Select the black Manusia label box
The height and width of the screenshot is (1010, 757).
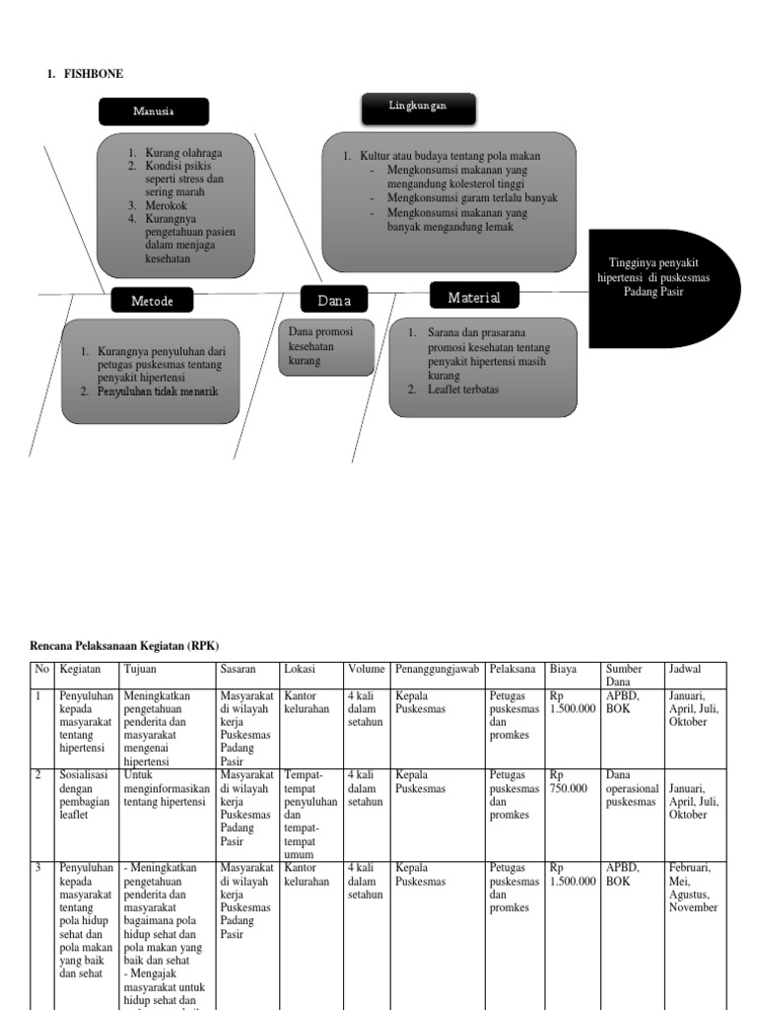coord(154,111)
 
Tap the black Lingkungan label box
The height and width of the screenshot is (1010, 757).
coord(418,108)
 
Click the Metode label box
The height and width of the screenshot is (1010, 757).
coord(153,301)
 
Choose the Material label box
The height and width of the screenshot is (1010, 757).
coord(474,297)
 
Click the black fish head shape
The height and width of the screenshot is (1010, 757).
coord(662,288)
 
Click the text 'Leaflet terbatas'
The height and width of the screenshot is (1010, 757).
coord(462,390)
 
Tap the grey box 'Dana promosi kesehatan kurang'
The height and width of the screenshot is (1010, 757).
coord(326,347)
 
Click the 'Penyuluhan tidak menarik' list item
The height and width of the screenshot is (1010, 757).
coord(158,392)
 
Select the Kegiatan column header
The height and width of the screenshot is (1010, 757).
coord(80,670)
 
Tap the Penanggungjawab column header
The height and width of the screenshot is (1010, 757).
coord(437,670)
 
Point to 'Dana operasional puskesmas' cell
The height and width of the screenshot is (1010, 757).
coord(632,788)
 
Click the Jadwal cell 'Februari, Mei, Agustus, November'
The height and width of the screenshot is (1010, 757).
coord(694,887)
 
